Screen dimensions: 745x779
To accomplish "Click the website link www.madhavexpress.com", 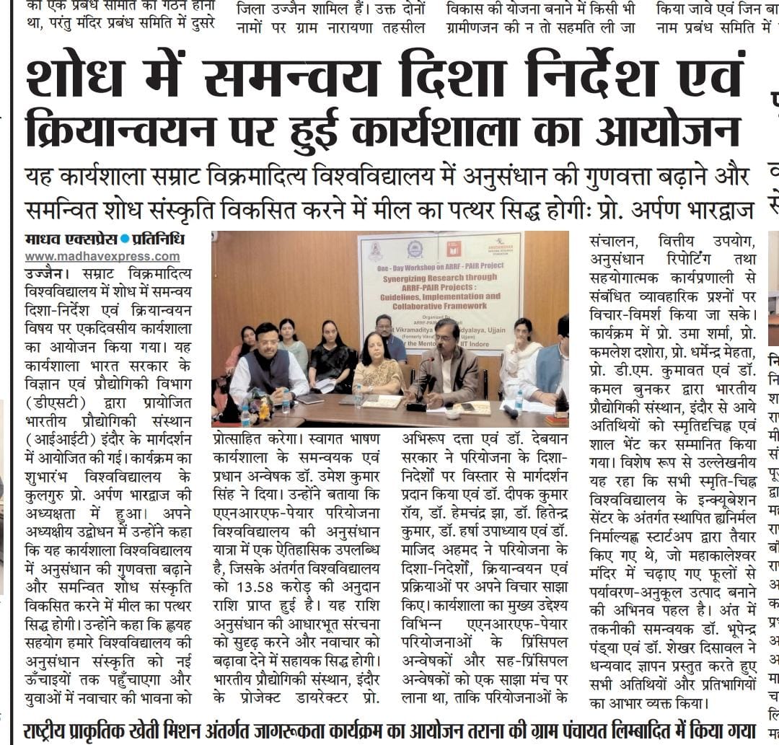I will coord(102,257).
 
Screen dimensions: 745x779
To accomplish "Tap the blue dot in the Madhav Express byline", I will coord(125,239).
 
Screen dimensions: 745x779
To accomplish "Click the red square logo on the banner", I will coord(454,250).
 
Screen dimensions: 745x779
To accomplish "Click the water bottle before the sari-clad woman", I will coord(358,394).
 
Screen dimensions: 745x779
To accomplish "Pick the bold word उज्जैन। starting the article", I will coord(45,275).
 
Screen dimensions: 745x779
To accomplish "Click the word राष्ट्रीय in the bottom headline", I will coord(54,730).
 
